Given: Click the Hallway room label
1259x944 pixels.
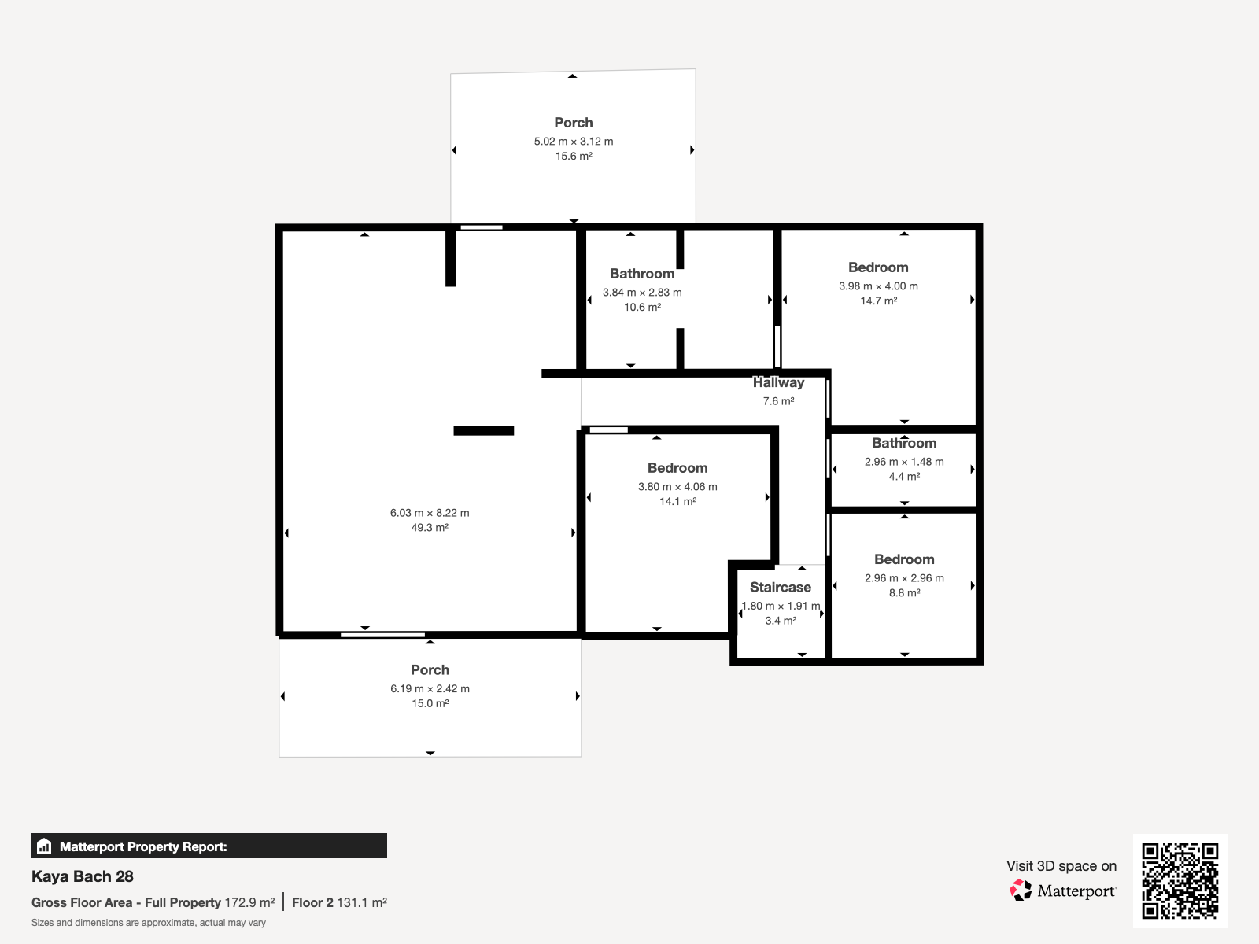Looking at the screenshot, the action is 778,382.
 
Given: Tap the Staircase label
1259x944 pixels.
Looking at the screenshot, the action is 780,587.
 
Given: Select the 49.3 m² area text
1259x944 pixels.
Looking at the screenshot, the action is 430,527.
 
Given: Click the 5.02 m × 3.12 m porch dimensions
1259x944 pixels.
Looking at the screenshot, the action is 574,141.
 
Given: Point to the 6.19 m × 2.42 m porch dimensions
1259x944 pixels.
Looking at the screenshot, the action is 430,688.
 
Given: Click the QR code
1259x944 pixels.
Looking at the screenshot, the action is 1180,880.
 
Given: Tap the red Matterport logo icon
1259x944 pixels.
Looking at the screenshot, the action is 1021,891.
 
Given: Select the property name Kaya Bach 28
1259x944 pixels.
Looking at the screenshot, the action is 82,876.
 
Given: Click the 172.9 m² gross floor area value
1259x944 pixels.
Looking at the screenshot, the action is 249,903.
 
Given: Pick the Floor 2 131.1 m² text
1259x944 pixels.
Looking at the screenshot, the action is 340,903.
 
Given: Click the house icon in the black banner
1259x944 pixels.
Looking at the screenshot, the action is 44,846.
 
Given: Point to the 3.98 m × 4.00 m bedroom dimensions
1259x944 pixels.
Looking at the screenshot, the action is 878,286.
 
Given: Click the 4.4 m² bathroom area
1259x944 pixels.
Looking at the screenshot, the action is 905,476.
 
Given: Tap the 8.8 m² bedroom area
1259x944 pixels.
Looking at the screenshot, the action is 905,592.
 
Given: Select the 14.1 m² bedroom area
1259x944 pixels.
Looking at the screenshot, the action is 678,502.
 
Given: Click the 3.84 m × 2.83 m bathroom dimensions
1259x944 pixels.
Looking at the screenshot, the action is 642,293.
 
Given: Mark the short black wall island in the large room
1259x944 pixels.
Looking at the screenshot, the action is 483,430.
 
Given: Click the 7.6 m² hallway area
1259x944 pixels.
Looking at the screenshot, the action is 778,401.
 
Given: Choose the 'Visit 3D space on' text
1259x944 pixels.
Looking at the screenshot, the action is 1061,866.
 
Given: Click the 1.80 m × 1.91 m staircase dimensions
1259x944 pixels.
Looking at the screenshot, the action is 781,606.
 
